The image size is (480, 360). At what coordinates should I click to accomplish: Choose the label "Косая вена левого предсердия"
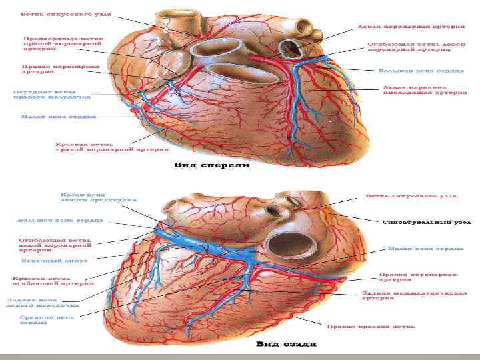(99, 198)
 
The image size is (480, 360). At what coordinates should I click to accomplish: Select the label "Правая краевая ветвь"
(371, 327)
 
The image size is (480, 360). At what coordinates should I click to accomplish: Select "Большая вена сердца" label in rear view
(60, 219)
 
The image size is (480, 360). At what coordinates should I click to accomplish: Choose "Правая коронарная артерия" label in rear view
(418, 277)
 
